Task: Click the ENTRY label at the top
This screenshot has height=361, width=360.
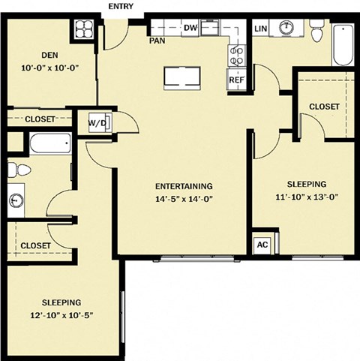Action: (x=121, y=6)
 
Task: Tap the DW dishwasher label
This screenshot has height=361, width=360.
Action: (x=190, y=28)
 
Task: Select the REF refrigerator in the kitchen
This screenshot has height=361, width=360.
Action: (x=236, y=80)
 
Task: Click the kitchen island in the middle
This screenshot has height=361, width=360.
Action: (x=182, y=78)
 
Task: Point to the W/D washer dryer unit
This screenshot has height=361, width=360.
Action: (x=100, y=122)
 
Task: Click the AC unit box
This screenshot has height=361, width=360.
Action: (x=262, y=245)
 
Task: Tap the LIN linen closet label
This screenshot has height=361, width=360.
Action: (x=261, y=29)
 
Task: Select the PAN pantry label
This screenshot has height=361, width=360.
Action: (x=157, y=41)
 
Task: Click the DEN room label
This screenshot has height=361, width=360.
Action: (x=49, y=55)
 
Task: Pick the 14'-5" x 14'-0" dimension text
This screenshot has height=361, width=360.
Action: (x=184, y=199)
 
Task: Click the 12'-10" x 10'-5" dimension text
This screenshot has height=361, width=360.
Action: (x=61, y=315)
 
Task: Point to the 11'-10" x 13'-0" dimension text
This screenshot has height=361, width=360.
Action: (x=307, y=197)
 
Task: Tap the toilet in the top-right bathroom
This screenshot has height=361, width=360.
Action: (x=316, y=31)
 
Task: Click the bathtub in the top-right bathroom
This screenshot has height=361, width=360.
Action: (x=343, y=44)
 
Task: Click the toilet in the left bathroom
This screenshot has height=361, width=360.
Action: (x=19, y=170)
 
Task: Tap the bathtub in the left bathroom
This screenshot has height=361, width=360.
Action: (x=50, y=143)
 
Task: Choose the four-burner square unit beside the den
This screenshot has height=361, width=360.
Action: (x=84, y=29)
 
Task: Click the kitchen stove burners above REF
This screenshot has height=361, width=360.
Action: (x=236, y=56)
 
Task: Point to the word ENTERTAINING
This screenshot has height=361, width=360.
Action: (x=184, y=186)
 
